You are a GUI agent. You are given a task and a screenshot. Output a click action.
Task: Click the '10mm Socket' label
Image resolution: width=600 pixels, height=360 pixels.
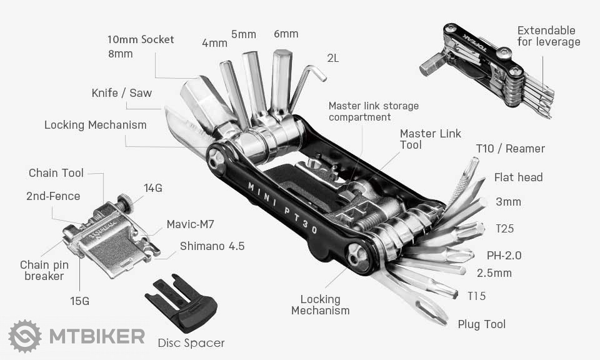[141, 39]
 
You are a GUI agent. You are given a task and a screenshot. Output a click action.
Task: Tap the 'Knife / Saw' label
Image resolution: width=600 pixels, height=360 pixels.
[121, 93]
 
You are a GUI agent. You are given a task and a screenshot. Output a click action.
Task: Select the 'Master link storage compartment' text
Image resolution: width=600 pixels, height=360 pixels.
[373, 111]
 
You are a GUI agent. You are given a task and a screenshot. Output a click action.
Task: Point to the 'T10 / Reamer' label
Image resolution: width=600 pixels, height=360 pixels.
[510, 149]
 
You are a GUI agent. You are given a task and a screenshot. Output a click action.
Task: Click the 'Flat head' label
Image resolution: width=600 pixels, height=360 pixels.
[518, 177]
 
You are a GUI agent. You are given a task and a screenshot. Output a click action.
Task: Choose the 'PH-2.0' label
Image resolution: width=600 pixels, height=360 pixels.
[504, 255]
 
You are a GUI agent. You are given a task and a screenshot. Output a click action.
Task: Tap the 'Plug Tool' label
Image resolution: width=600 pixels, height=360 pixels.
[482, 324]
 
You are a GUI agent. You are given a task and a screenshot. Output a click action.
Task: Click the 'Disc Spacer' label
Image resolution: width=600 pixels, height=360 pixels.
[191, 342]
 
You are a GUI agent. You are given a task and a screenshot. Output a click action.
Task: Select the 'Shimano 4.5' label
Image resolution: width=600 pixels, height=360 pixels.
[212, 246]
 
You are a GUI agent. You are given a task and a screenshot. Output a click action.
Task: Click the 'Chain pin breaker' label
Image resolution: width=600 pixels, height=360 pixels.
[44, 271]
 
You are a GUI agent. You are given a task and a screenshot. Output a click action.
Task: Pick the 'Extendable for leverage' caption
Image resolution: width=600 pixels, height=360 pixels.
[548, 36]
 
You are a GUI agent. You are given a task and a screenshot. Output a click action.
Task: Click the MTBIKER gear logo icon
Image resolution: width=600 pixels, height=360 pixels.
[25, 336]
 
